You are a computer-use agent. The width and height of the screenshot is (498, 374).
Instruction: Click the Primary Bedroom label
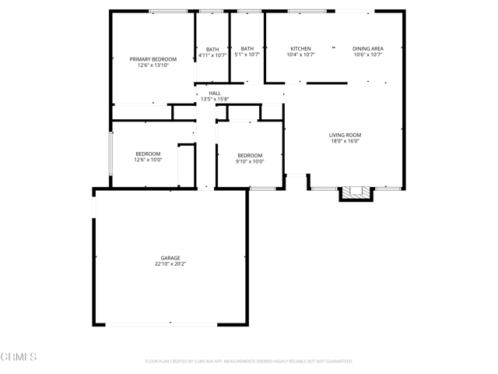(153, 59)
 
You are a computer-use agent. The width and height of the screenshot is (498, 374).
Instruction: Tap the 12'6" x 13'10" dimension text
(153, 66)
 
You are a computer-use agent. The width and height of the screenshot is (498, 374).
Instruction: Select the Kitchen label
(301, 48)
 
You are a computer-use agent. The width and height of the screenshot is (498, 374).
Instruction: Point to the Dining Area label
(368, 48)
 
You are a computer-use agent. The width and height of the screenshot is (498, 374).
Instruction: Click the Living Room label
(345, 135)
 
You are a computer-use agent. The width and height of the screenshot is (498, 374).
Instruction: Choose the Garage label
(170, 257)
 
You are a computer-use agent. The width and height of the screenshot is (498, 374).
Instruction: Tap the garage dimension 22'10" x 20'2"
(170, 264)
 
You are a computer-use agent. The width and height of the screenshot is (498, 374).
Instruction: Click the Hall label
(215, 93)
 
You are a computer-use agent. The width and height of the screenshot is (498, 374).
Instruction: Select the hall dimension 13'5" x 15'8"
(215, 99)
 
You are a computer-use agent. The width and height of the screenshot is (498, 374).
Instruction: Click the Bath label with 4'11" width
(212, 48)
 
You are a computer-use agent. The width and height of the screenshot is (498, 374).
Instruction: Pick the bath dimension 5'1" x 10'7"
(247, 55)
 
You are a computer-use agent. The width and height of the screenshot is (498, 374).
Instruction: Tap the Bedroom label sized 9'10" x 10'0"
(250, 155)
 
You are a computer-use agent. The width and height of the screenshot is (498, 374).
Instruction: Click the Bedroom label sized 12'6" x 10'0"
(148, 154)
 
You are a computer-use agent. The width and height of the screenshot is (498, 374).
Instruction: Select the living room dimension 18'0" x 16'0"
(345, 142)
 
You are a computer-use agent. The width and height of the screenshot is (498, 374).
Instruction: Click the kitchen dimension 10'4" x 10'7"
(301, 55)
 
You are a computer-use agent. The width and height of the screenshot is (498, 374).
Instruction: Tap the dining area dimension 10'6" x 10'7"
(368, 55)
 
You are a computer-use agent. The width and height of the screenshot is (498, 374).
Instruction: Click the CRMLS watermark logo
(19, 357)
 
